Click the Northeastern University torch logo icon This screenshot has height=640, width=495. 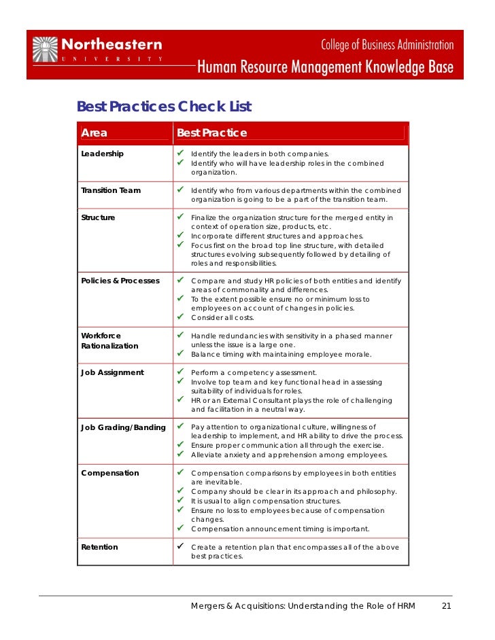46,50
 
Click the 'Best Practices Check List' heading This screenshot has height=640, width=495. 164,107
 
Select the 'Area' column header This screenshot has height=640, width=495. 94,133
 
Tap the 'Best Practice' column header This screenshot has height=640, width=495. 211,133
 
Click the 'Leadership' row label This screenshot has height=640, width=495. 102,154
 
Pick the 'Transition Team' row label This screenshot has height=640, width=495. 111,190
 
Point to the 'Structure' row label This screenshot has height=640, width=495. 98,217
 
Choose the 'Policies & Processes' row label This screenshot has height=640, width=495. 120,280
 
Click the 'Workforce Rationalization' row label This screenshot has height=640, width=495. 109,341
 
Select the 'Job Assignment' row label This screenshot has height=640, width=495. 112,372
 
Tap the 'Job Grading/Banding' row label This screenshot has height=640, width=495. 123,427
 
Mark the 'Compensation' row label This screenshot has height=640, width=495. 109,473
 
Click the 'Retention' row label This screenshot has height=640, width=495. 99,547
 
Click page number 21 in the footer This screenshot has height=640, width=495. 447,606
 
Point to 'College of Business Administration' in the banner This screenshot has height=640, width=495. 387,46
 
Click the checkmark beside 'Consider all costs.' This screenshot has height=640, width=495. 182,317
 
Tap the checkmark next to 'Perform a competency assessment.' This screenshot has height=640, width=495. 182,372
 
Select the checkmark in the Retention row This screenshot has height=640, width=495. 182,546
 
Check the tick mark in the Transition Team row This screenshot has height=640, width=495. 182,190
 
